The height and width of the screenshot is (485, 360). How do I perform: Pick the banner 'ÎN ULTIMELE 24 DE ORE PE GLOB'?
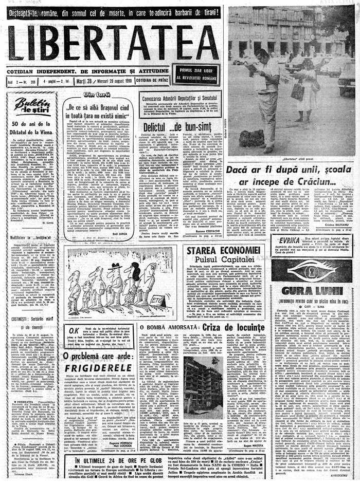[x=107, y=463]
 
